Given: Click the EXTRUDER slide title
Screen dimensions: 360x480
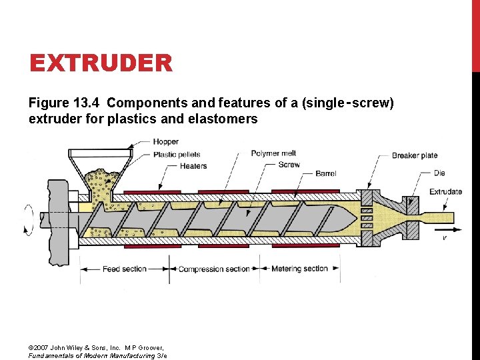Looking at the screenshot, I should pos(101,64).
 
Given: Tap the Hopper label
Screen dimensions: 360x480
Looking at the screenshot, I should pos(165,142).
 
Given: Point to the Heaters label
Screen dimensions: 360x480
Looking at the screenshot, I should pos(193,166).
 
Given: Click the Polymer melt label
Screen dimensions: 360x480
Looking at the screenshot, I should pos(273,153).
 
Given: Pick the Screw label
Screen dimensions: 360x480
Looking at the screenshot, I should pos(289,165).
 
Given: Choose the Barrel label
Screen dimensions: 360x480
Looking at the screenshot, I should pos(325,173).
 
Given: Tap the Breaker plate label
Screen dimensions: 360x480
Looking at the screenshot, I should pos(414,155).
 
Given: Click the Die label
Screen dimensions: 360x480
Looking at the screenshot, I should pos(439,173).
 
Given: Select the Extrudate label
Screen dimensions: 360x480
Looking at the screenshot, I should pos(445,192).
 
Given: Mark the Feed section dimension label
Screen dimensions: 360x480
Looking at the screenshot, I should pos(124,269).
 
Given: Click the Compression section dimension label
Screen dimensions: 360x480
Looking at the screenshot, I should pos(213,269).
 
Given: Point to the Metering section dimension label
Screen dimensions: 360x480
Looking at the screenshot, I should pos(299,269).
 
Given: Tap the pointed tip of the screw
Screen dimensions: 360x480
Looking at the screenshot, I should pos(352,218).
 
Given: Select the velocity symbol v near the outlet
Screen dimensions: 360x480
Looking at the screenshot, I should pos(445,237).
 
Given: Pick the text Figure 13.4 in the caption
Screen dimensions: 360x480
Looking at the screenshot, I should pos(64,103).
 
